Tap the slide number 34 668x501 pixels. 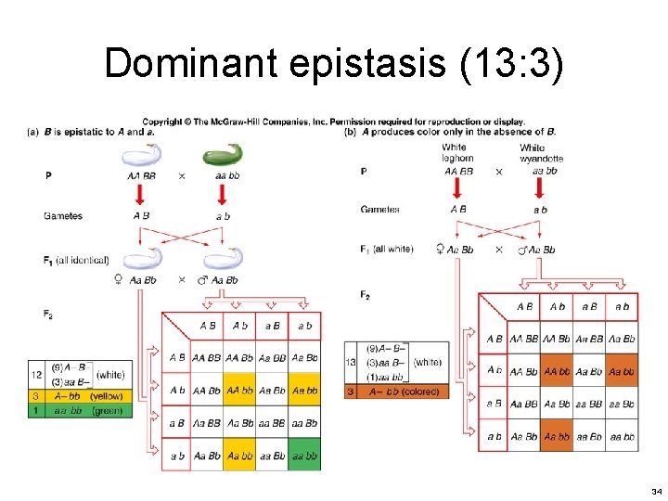pos(656,490)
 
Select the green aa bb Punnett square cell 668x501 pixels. pos(304,456)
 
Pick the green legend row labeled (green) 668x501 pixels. pos(81,410)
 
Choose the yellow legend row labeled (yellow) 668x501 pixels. pos(81,396)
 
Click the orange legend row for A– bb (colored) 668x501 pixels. pos(396,392)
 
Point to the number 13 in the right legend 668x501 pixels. pos(351,362)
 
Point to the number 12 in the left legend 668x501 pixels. pos(35,374)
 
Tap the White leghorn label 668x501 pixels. pos(457,153)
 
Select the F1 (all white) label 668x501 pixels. pos(387,249)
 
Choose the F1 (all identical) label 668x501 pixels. pos(76,261)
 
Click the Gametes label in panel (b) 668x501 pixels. pos(380,210)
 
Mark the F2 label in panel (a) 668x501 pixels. pos(47,315)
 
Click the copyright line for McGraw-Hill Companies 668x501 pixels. pos(333,122)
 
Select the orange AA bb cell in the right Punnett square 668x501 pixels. pos(557,370)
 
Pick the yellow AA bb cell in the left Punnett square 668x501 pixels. pos(239,390)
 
